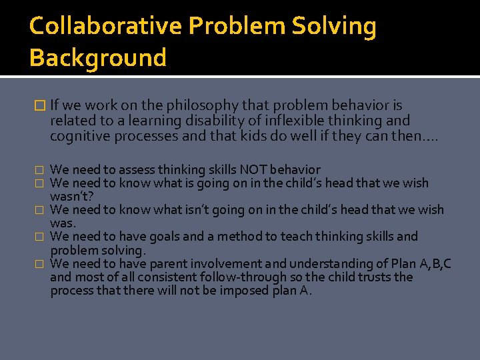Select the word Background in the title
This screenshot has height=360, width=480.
[97, 58]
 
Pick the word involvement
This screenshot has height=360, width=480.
[188, 263]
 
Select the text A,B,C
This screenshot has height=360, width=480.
[434, 263]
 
